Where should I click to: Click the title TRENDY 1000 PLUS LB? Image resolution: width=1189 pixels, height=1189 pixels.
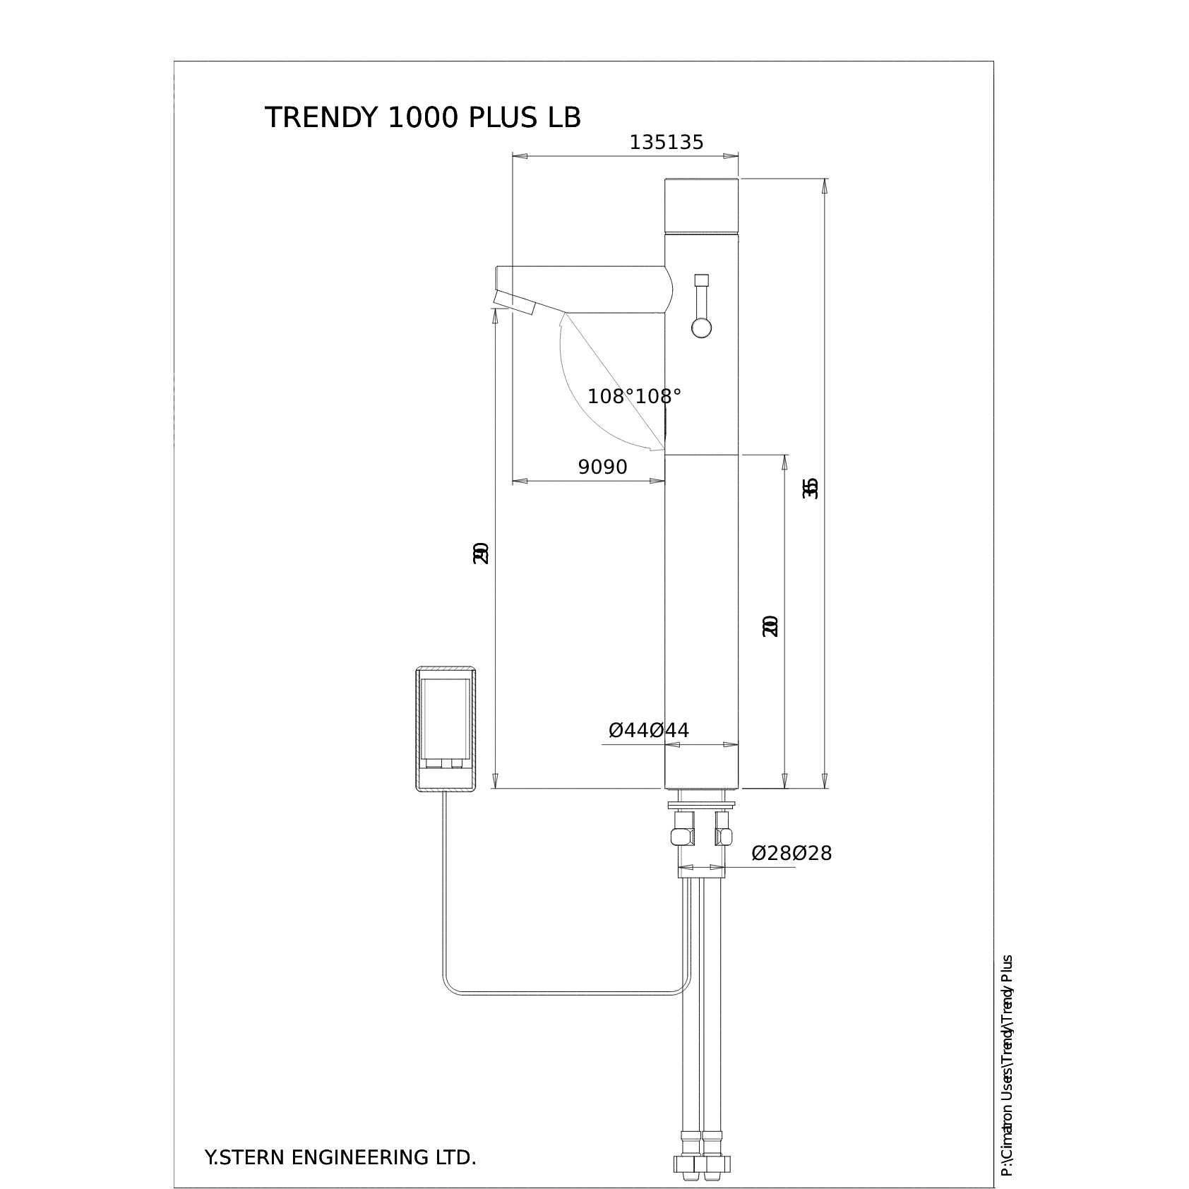coord(422,118)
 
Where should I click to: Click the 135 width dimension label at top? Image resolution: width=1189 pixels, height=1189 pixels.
coord(667,143)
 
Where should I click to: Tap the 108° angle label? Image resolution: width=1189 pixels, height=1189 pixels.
coord(634,397)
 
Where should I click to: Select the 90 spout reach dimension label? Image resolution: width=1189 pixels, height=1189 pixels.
coord(602,467)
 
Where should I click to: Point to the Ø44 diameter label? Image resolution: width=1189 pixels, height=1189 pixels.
coord(648,730)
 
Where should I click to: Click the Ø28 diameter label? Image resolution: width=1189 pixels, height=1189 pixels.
coord(791,854)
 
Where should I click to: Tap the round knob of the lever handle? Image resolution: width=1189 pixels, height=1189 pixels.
coord(701,328)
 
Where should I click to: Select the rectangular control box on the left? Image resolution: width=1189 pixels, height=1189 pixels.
coord(446,729)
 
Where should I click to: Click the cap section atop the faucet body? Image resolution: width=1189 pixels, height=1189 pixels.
coord(702,205)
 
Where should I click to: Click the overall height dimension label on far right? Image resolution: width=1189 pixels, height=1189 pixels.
coord(812,489)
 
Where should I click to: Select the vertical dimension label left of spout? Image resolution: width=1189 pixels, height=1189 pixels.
coord(481,552)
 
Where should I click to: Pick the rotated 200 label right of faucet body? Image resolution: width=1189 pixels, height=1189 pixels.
coord(770,626)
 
